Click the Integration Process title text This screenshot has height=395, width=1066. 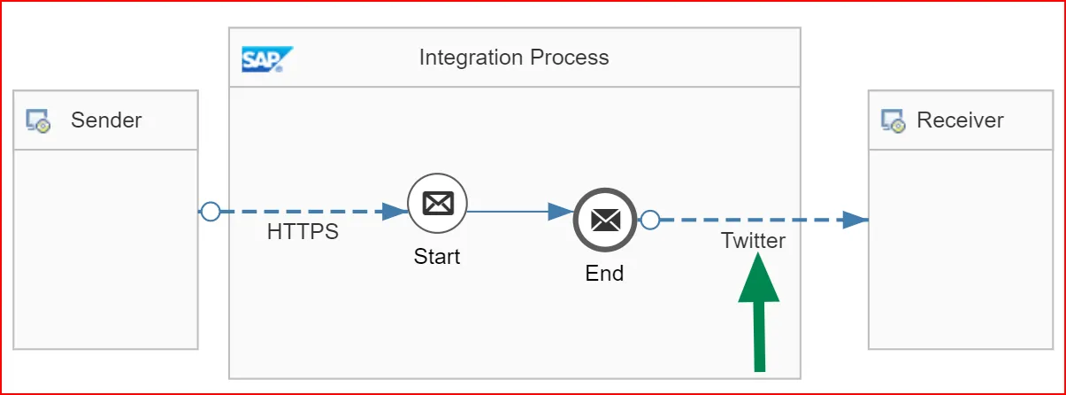[514, 58]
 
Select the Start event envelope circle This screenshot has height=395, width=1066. [437, 204]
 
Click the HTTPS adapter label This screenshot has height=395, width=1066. [303, 233]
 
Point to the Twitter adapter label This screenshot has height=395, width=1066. [753, 240]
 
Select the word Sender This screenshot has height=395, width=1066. [106, 120]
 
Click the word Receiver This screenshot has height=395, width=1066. [960, 120]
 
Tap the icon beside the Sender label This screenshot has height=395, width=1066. [38, 121]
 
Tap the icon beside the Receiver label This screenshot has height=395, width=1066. [893, 121]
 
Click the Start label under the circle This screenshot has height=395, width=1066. [437, 257]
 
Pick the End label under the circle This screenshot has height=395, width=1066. [604, 274]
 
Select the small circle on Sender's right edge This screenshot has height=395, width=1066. [210, 212]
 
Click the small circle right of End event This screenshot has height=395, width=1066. [650, 220]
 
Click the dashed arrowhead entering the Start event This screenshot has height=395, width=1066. [394, 212]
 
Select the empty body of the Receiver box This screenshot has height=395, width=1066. [960, 283]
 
